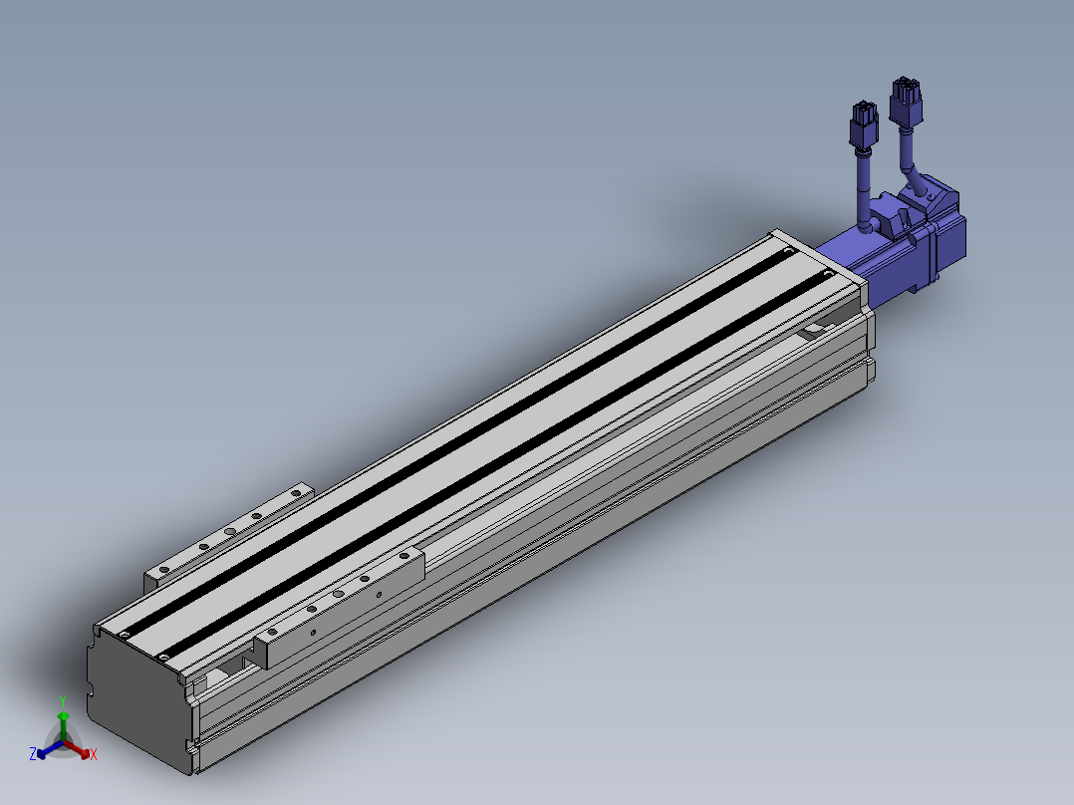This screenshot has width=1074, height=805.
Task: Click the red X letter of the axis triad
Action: (x=94, y=754)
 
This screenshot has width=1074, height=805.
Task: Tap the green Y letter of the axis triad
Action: (x=63, y=700)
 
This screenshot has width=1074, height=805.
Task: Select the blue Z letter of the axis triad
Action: (x=32, y=753)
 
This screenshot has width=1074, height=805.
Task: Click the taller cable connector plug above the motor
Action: (x=906, y=102)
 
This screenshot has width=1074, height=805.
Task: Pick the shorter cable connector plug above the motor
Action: (x=864, y=125)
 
